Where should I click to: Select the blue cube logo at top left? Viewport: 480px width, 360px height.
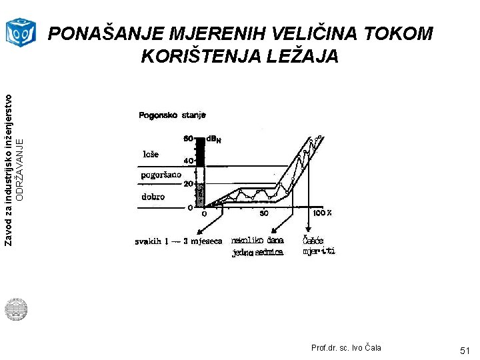(20, 32)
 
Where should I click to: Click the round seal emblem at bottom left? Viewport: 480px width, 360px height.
(15, 309)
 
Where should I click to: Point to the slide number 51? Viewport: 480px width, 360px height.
(464, 350)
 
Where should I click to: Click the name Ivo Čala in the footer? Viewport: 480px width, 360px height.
(366, 348)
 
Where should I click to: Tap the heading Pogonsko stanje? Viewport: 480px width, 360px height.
(172, 116)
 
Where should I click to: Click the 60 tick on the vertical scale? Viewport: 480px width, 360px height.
(188, 139)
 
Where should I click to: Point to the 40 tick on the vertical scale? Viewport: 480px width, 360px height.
(188, 161)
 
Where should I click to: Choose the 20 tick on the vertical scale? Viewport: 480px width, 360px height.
(188, 184)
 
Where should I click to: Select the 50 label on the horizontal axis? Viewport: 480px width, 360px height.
(264, 214)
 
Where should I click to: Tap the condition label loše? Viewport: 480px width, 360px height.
(151, 154)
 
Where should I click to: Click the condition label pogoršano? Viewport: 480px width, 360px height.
(160, 175)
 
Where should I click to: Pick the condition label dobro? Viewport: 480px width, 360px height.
(153, 197)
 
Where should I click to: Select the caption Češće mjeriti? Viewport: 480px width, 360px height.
(319, 245)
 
